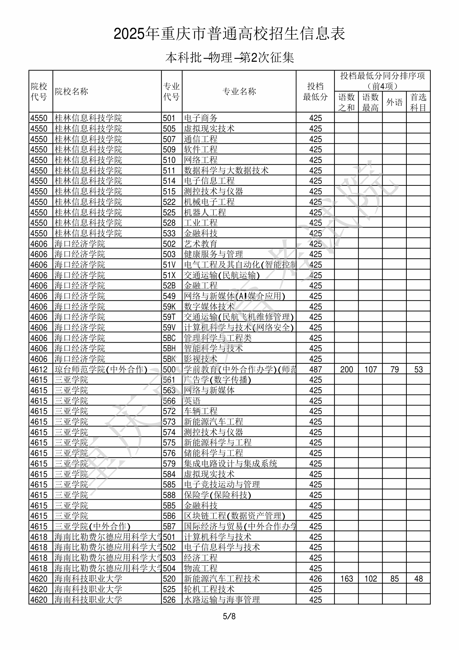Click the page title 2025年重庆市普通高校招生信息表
[x=229, y=34]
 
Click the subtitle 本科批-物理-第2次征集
[x=229, y=58]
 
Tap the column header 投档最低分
[x=315, y=91]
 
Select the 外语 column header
[x=394, y=102]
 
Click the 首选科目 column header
[x=418, y=102]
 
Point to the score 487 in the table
[x=315, y=370]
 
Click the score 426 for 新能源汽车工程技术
[x=315, y=579]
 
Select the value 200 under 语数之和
[x=346, y=370]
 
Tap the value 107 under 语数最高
[x=371, y=370]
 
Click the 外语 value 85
[x=394, y=579]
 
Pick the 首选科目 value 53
[x=418, y=370]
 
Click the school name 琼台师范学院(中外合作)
[x=101, y=370]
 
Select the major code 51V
[x=169, y=265]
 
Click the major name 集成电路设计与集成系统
[x=230, y=464]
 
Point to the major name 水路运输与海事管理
[x=222, y=600]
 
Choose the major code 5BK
[x=169, y=359]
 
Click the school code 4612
[x=39, y=370]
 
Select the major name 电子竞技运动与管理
[x=222, y=485]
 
